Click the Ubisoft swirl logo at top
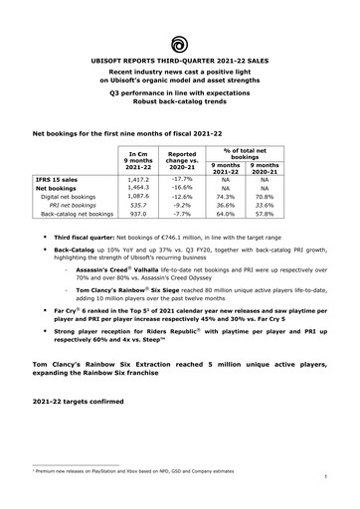pos(180,44)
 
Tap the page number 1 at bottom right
pos(325,488)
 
